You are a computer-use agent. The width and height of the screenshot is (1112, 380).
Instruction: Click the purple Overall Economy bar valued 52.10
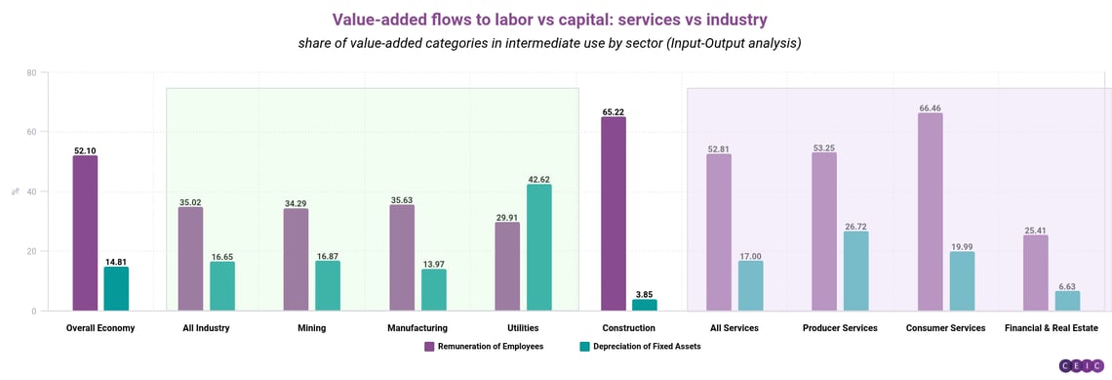(x=85, y=233)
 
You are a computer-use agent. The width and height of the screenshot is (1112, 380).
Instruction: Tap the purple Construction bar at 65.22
(x=613, y=214)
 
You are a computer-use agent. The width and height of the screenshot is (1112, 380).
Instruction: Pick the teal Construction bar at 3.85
(x=645, y=305)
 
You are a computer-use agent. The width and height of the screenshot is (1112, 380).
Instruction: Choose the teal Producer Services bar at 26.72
(x=856, y=271)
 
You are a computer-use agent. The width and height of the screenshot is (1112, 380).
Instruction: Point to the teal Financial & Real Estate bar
(x=1067, y=301)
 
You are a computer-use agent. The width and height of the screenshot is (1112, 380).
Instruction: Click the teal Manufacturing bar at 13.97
(x=433, y=290)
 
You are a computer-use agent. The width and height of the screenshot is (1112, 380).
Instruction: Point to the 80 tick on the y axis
(x=31, y=73)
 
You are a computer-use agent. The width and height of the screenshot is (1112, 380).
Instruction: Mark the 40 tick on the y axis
(x=31, y=192)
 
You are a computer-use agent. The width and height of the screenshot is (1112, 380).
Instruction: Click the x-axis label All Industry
(x=206, y=328)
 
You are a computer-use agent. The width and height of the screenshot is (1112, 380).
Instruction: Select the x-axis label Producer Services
(x=840, y=328)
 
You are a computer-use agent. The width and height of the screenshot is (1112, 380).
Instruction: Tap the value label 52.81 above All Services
(x=719, y=149)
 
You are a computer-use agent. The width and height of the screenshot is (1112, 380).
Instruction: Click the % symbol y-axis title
(x=15, y=192)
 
